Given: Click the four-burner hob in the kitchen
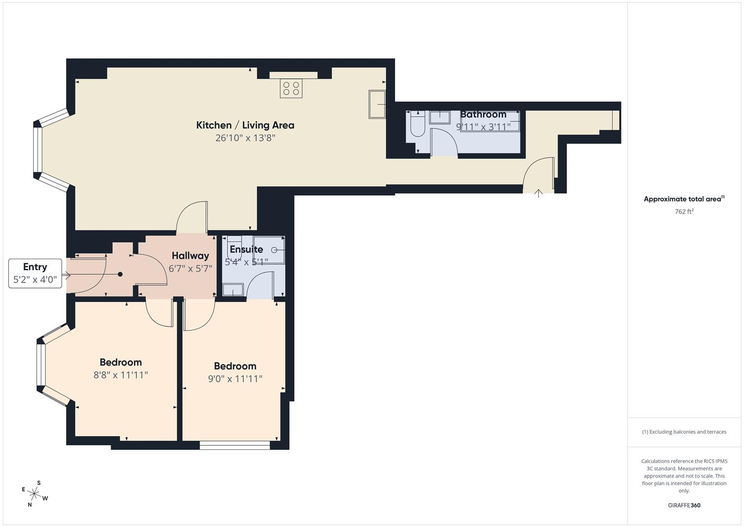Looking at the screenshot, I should (291, 88).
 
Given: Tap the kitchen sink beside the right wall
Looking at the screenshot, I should (377, 104).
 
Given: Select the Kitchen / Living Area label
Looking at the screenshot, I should (245, 125).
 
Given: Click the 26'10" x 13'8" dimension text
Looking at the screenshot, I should (245, 138).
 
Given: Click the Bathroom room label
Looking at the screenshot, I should (483, 115).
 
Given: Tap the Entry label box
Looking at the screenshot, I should (35, 273).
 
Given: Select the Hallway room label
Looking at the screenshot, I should (190, 256).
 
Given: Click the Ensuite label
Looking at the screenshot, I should (246, 249).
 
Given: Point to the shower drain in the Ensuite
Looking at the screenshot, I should (274, 250).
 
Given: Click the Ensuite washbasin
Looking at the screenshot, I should (233, 290).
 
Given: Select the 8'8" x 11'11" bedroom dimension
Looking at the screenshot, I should (120, 375).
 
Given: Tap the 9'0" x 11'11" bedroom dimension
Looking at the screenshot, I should (235, 379).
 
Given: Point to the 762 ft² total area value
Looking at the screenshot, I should (684, 212).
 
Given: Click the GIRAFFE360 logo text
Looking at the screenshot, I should (684, 506).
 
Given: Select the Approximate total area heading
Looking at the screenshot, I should (684, 199).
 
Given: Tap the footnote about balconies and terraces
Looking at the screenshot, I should (684, 432).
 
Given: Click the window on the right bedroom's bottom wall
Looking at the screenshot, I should (235, 445).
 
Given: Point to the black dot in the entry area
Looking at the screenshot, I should (120, 274).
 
